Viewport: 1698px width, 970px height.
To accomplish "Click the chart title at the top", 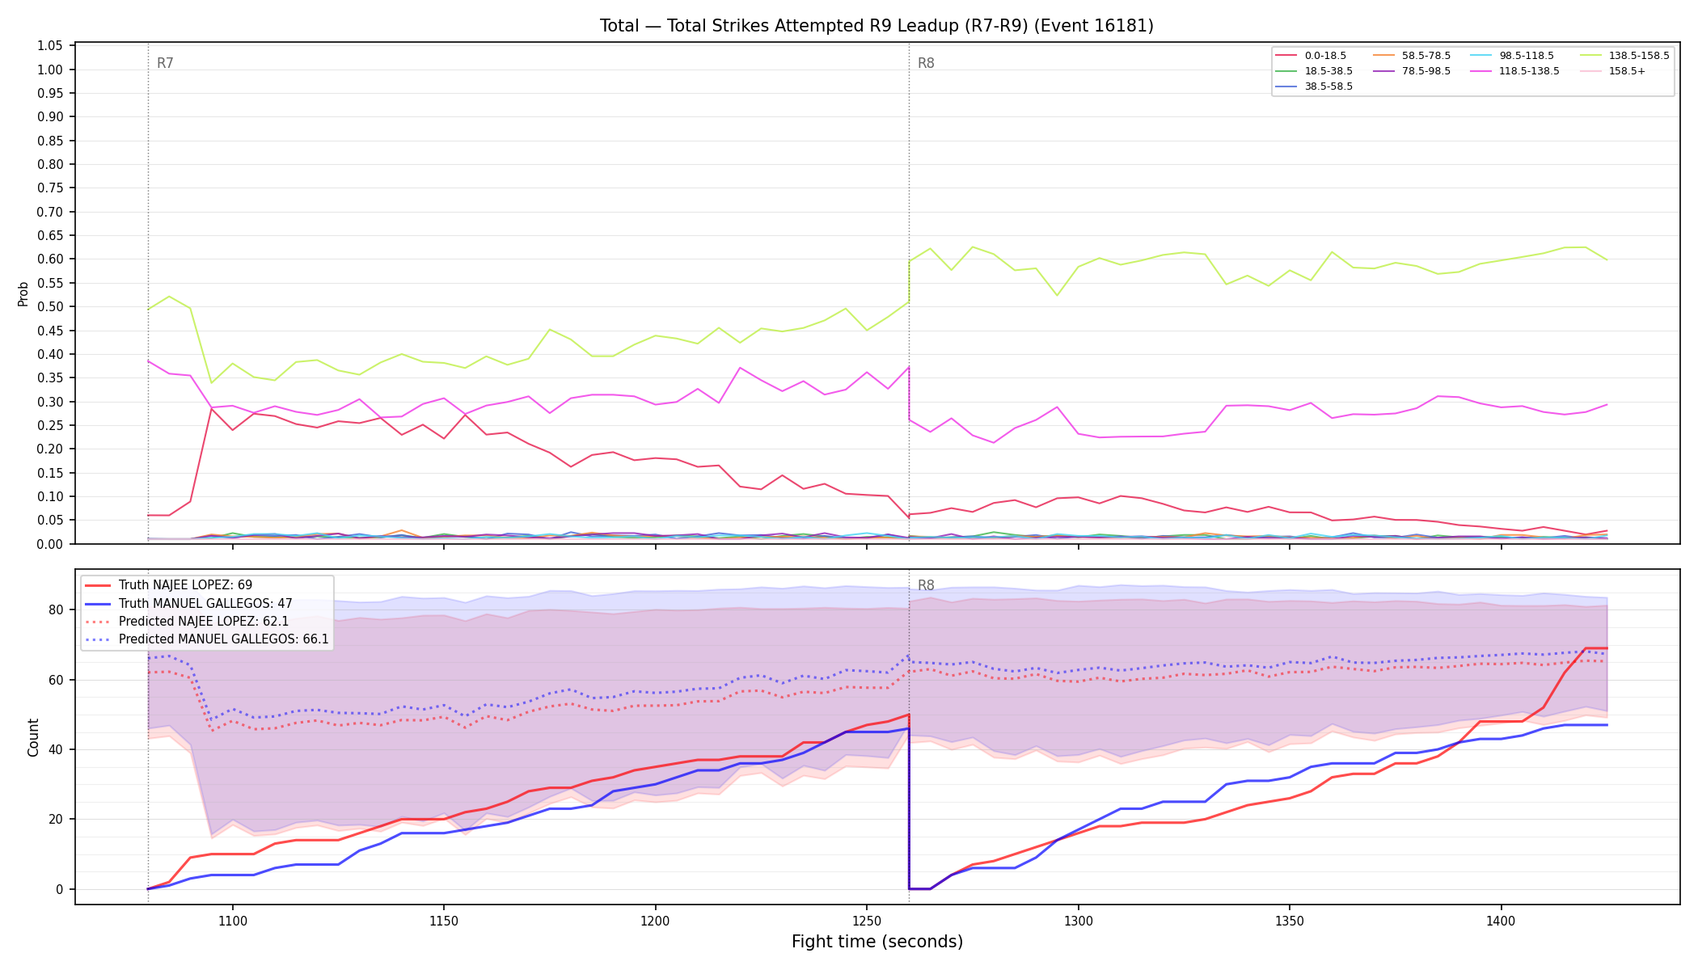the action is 876,26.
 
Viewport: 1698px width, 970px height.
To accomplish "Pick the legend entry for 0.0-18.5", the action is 1311,56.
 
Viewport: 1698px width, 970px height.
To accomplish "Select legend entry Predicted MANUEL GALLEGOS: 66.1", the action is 207,639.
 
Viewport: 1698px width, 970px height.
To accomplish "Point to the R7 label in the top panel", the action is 165,63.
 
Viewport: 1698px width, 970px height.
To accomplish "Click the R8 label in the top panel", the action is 926,63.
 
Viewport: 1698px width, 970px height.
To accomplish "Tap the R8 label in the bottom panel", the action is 926,585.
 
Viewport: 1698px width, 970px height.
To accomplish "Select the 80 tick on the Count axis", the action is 57,609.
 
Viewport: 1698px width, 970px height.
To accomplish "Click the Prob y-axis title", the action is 23,293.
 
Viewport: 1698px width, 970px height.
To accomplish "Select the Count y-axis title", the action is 33,737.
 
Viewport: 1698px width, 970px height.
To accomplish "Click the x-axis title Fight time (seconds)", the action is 877,942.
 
